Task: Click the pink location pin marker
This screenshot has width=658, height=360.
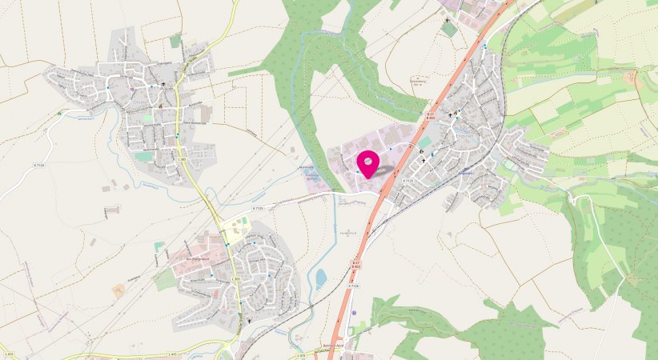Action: tap(367, 164)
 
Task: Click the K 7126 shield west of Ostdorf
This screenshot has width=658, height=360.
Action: tap(38, 165)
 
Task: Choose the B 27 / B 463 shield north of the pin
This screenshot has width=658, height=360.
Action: tap(430, 117)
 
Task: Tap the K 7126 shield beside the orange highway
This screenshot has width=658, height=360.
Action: tap(354, 286)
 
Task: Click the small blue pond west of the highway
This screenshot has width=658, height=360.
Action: tap(321, 278)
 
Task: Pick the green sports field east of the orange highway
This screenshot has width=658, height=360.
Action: tap(424, 142)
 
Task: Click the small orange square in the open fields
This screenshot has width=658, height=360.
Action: tap(118, 290)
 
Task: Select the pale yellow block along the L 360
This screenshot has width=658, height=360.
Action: tap(237, 230)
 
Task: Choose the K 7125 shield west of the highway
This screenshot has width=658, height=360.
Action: tap(258, 208)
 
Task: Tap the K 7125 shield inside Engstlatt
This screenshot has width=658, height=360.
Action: tap(408, 181)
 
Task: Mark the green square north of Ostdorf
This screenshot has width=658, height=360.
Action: tap(176, 40)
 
